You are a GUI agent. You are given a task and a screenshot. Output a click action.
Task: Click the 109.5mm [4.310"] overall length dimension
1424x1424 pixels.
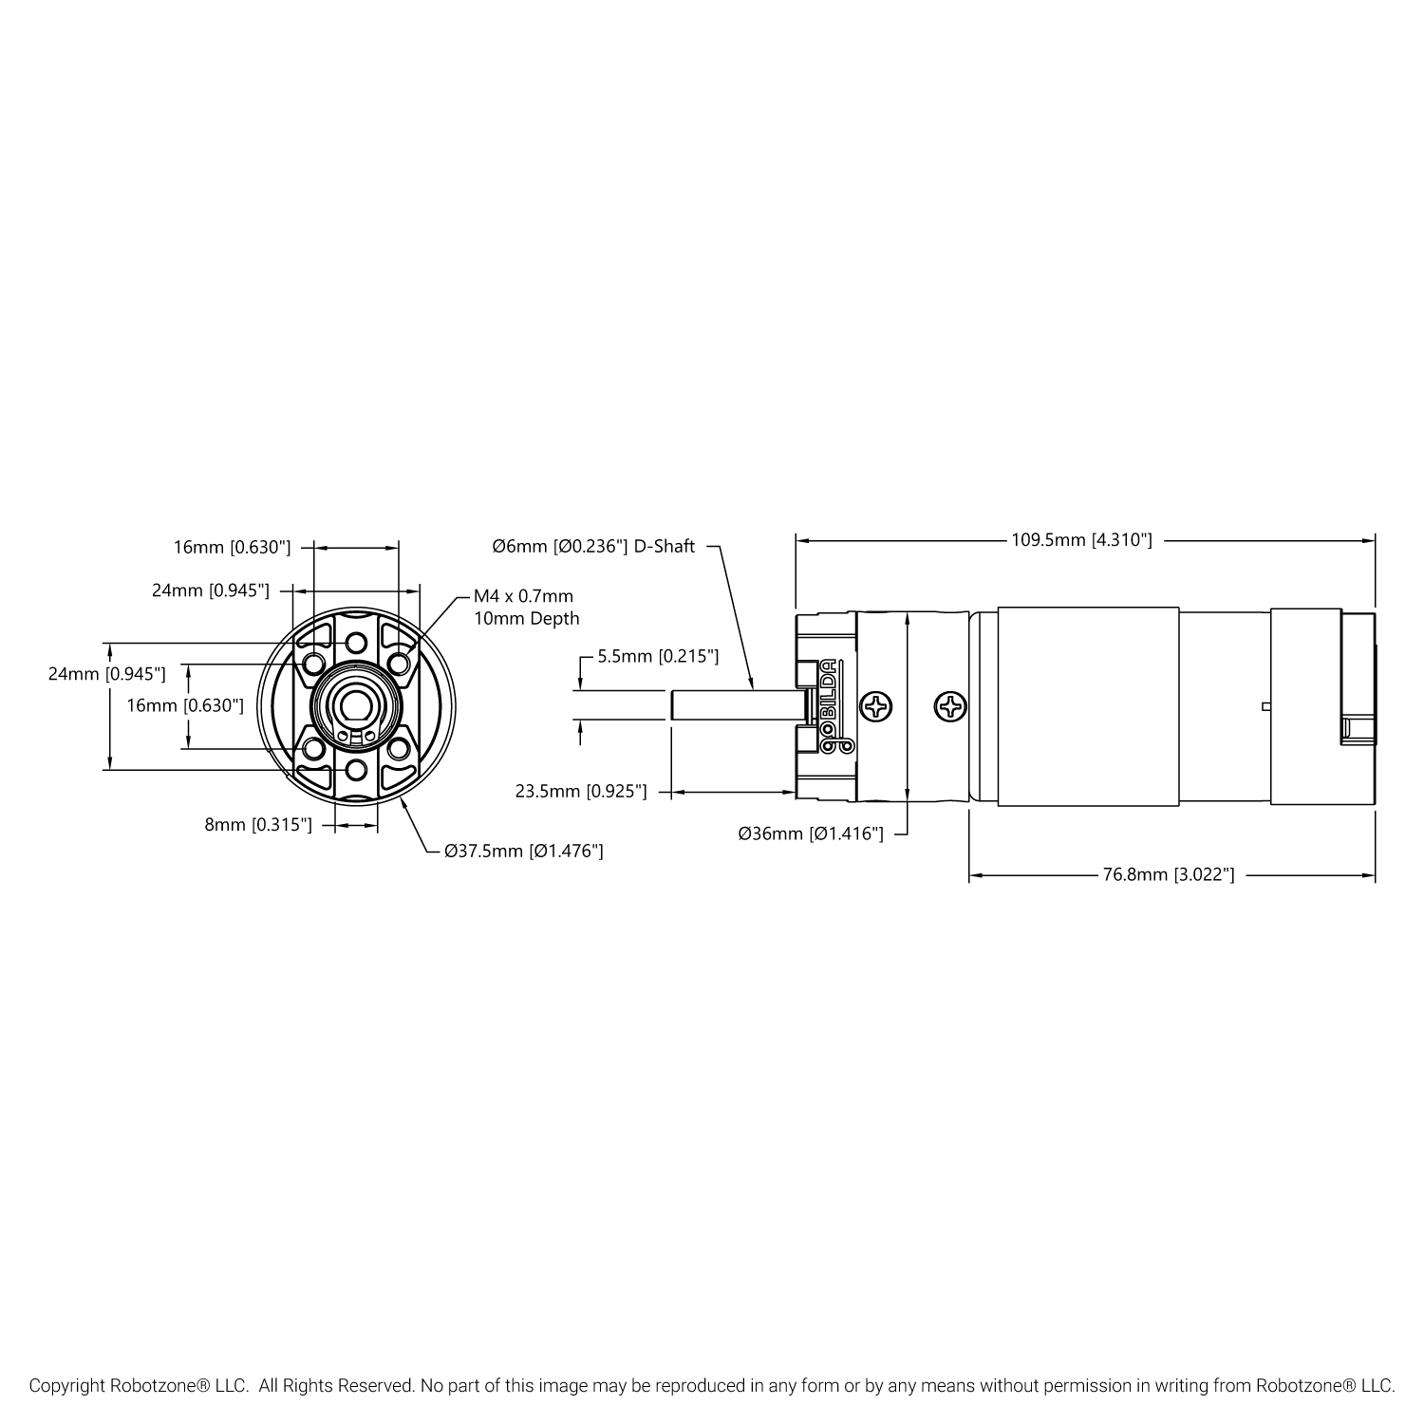click(1081, 540)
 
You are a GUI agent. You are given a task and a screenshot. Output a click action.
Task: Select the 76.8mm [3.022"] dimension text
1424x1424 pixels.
click(1169, 875)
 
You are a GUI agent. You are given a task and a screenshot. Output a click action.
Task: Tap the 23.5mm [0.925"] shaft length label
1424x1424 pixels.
click(581, 791)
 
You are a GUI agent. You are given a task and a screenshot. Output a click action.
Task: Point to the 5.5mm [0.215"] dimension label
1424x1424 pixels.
click(658, 656)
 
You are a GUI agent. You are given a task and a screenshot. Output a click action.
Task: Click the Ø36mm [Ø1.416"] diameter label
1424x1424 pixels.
click(811, 834)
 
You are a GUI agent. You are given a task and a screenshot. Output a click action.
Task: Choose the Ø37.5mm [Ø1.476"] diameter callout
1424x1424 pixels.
click(523, 851)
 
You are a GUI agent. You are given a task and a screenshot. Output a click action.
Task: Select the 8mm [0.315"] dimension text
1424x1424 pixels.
click(258, 825)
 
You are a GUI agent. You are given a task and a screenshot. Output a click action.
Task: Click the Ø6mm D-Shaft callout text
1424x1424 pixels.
click(593, 547)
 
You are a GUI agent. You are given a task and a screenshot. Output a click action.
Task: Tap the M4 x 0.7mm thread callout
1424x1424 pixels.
click(524, 596)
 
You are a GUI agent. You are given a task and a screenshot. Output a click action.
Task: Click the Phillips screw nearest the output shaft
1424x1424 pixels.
click(877, 705)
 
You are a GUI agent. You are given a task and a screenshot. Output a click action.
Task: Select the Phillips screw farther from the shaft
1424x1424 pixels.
click(951, 705)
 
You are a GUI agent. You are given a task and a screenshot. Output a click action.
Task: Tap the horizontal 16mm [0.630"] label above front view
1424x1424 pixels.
click(232, 547)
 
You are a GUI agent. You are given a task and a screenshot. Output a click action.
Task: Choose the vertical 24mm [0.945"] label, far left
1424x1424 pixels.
click(107, 674)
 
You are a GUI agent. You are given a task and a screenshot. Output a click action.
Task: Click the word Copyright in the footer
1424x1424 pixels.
click(66, 1386)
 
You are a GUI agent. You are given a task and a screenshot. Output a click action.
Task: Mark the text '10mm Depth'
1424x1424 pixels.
click(527, 619)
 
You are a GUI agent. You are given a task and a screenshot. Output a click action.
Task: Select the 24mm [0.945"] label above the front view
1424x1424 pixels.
click(211, 590)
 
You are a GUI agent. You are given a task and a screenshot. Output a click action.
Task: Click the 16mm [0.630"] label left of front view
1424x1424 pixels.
click(185, 705)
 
